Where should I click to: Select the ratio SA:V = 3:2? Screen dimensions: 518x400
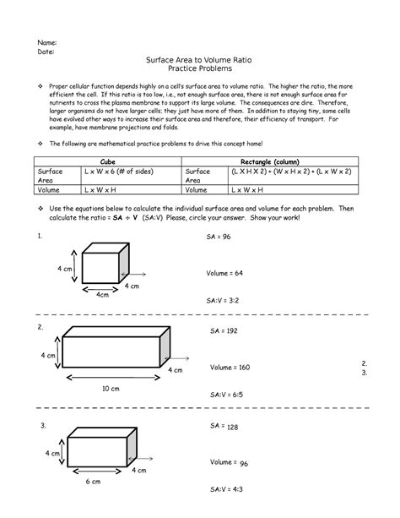(223, 300)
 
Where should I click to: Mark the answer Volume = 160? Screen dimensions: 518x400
(230, 368)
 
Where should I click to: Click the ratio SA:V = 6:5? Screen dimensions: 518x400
(225, 394)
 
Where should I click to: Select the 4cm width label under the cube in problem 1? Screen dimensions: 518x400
(102, 295)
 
